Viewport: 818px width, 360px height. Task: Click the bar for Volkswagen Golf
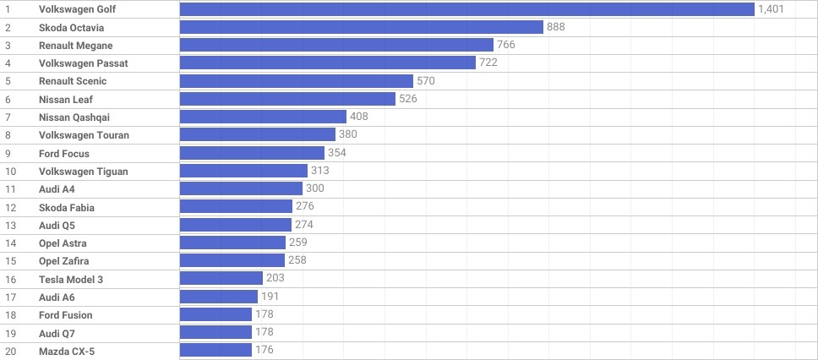(466, 9)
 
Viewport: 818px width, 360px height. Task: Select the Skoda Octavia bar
(361, 27)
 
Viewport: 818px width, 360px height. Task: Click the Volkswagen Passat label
(83, 63)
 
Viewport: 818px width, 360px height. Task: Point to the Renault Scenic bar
(296, 81)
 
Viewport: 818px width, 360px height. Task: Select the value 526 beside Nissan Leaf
(407, 99)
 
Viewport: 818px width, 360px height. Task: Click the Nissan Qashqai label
(74, 117)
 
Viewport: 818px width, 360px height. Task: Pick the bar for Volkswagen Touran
(257, 135)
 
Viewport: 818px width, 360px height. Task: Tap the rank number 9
(8, 154)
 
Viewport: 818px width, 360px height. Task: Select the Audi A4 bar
(241, 189)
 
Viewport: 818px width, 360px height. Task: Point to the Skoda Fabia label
(67, 207)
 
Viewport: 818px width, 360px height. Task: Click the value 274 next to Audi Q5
(304, 225)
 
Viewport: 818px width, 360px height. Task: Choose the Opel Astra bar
(232, 243)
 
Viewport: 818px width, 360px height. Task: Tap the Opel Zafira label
(63, 261)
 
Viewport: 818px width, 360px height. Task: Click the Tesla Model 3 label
(71, 279)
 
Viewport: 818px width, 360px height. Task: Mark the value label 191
(270, 297)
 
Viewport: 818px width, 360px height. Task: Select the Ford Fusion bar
(215, 315)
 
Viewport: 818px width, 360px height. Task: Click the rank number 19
(10, 333)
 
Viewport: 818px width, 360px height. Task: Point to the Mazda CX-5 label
(67, 351)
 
